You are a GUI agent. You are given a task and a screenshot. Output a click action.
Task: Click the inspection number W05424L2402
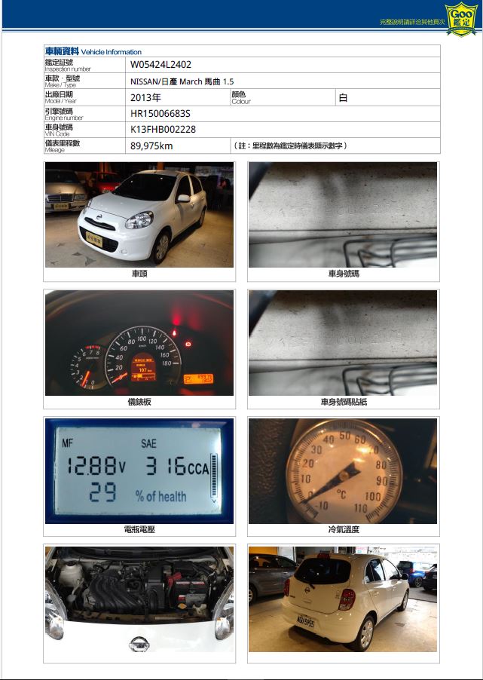pos(160,65)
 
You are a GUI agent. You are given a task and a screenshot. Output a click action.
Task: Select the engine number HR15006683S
pos(160,113)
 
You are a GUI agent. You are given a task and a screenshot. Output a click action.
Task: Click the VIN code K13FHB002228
pos(163,129)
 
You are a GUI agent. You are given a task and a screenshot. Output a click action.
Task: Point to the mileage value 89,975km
pos(151,145)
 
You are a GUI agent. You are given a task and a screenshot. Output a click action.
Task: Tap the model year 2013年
pos(145,97)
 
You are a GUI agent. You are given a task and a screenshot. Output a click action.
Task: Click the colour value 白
pos(343,97)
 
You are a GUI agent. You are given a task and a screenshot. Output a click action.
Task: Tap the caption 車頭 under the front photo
pos(139,274)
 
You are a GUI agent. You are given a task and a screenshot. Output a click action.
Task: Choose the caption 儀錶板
pos(139,402)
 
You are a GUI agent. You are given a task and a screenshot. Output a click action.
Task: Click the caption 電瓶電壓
pos(139,530)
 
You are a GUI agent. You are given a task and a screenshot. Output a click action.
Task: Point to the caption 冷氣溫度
pos(344,530)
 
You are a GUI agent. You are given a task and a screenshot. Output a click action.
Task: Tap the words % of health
pos(160,495)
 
